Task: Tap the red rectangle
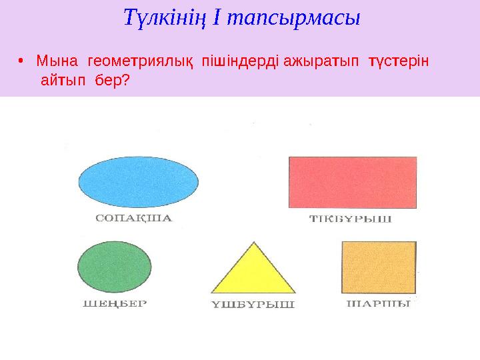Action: (x=353, y=182)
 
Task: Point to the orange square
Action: (x=379, y=267)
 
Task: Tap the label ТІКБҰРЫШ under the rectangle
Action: (x=351, y=219)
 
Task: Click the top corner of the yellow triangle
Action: (x=253, y=244)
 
